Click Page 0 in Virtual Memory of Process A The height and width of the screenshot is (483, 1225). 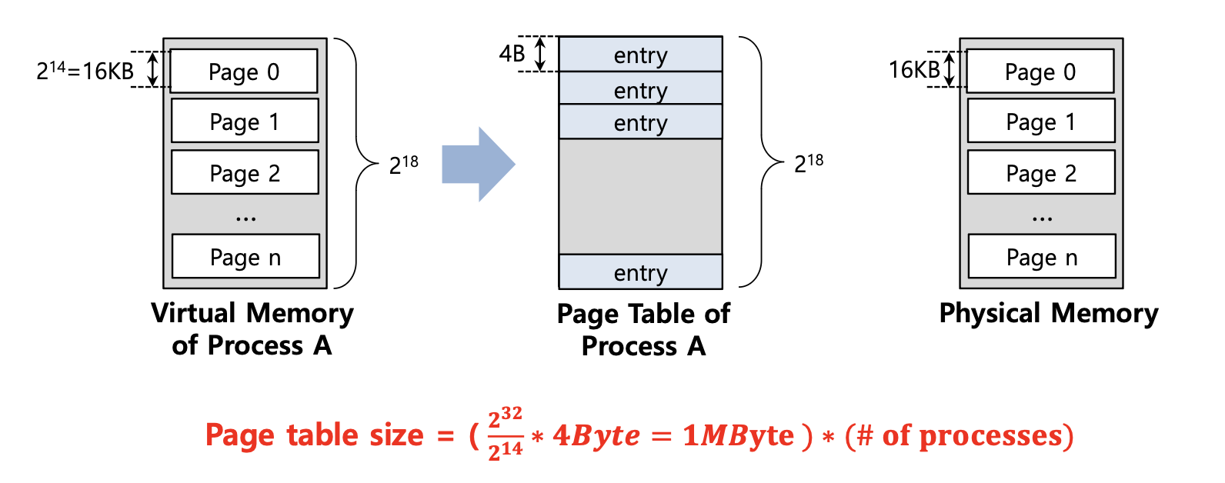click(x=244, y=72)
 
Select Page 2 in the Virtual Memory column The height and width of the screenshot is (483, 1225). click(x=245, y=172)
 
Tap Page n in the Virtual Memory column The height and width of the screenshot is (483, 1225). click(x=245, y=256)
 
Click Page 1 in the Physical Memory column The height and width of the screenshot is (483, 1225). click(x=1040, y=122)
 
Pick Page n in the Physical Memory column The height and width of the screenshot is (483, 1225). click(x=1041, y=256)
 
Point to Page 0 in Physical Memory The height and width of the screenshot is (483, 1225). click(x=1040, y=72)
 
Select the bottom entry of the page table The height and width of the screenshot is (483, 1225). click(x=640, y=271)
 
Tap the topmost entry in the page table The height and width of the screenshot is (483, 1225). click(x=640, y=55)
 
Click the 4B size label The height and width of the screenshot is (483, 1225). click(x=512, y=54)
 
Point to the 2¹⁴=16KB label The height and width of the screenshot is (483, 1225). click(x=85, y=71)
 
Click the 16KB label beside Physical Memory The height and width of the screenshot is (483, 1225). click(x=914, y=70)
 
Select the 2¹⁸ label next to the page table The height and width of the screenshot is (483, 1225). click(x=809, y=162)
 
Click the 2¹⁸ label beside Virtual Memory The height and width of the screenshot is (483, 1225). click(x=404, y=164)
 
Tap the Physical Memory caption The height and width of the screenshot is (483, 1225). click(x=1048, y=313)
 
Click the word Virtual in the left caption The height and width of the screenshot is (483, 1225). click(x=193, y=313)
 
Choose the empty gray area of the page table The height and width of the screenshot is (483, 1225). click(x=640, y=196)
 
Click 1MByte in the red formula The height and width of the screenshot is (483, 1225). click(x=738, y=435)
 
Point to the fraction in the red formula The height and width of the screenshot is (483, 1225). click(x=506, y=435)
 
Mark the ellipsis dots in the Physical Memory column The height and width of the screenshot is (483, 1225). click(x=1042, y=219)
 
